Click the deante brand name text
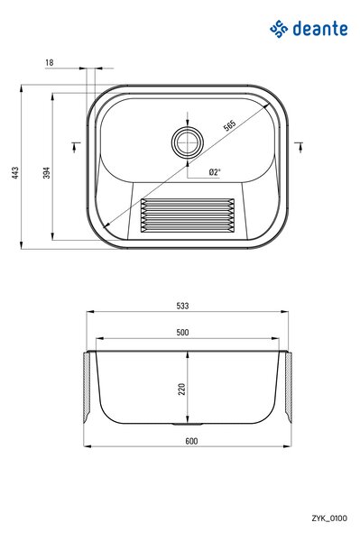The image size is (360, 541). (320, 29)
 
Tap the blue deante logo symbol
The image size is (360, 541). (279, 29)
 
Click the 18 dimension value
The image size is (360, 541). (50, 62)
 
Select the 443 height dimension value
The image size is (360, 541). (15, 173)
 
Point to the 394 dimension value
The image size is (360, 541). (46, 172)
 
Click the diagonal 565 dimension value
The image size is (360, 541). (229, 125)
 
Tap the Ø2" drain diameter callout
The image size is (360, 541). (215, 172)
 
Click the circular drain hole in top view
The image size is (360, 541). (188, 142)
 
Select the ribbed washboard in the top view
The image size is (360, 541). (188, 215)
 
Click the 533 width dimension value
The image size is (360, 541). (182, 306)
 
